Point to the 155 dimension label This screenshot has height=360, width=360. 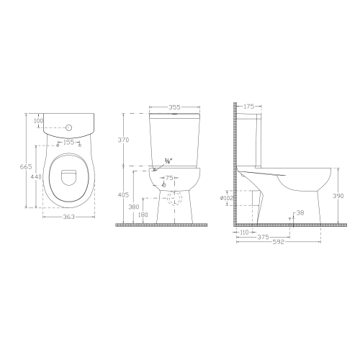(68, 143)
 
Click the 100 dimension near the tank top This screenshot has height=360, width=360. (39, 121)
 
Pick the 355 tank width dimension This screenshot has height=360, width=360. (174, 108)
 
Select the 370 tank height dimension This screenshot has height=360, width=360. (123, 140)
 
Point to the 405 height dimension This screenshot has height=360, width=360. (123, 195)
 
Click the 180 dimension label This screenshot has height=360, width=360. (143, 215)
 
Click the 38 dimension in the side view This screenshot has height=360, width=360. (300, 212)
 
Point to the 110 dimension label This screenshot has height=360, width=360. (243, 233)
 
